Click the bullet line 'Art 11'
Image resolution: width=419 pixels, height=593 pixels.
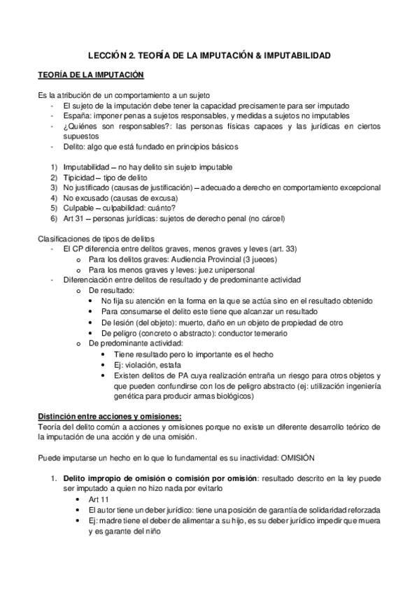[101, 500]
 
